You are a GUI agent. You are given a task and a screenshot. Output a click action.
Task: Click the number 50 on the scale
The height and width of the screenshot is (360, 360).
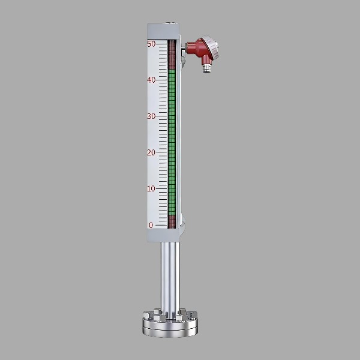coord(151,44)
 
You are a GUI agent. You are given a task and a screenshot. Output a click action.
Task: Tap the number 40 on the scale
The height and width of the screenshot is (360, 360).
coord(151,80)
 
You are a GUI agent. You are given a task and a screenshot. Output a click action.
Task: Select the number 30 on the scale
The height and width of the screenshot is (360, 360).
coord(151,116)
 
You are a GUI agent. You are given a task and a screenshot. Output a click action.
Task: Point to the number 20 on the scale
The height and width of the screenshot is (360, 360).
coord(151,152)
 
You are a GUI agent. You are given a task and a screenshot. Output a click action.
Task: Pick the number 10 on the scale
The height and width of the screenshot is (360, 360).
coord(151,189)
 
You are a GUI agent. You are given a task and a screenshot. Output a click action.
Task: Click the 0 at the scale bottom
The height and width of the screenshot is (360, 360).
coord(151,225)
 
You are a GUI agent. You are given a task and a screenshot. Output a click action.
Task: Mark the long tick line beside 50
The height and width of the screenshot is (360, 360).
coord(161,44)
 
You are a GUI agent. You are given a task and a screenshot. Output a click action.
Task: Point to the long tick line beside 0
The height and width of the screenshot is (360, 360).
coord(161,225)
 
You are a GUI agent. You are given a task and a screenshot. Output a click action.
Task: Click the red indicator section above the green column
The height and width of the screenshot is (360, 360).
coord(172,55)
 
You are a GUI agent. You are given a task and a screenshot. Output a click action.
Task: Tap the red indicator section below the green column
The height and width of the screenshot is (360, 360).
coord(172,222)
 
